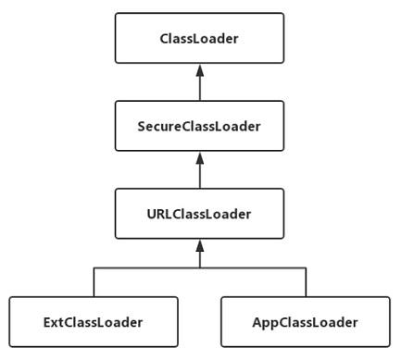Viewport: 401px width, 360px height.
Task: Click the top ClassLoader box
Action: coord(199,38)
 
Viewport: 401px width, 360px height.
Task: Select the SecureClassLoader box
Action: coord(199,126)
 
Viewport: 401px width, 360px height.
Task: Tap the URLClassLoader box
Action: coord(199,214)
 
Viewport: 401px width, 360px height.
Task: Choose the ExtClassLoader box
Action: coord(93,322)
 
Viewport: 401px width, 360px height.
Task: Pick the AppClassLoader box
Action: coord(305,322)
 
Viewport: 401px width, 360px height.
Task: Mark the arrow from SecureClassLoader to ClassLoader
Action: coord(199,83)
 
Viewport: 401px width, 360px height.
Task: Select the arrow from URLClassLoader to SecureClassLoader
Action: coord(199,171)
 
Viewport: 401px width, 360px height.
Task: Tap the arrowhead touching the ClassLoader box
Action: coord(199,69)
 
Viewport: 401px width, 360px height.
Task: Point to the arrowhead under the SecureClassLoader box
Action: coord(199,157)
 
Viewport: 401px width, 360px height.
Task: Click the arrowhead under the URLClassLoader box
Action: coord(199,245)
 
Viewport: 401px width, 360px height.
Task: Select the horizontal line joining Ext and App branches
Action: coord(148,268)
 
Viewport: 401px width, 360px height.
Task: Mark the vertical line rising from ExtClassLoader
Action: coord(93,282)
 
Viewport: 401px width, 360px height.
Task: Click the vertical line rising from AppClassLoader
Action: coord(305,282)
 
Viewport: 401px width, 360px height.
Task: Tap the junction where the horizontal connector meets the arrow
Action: coord(199,268)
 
